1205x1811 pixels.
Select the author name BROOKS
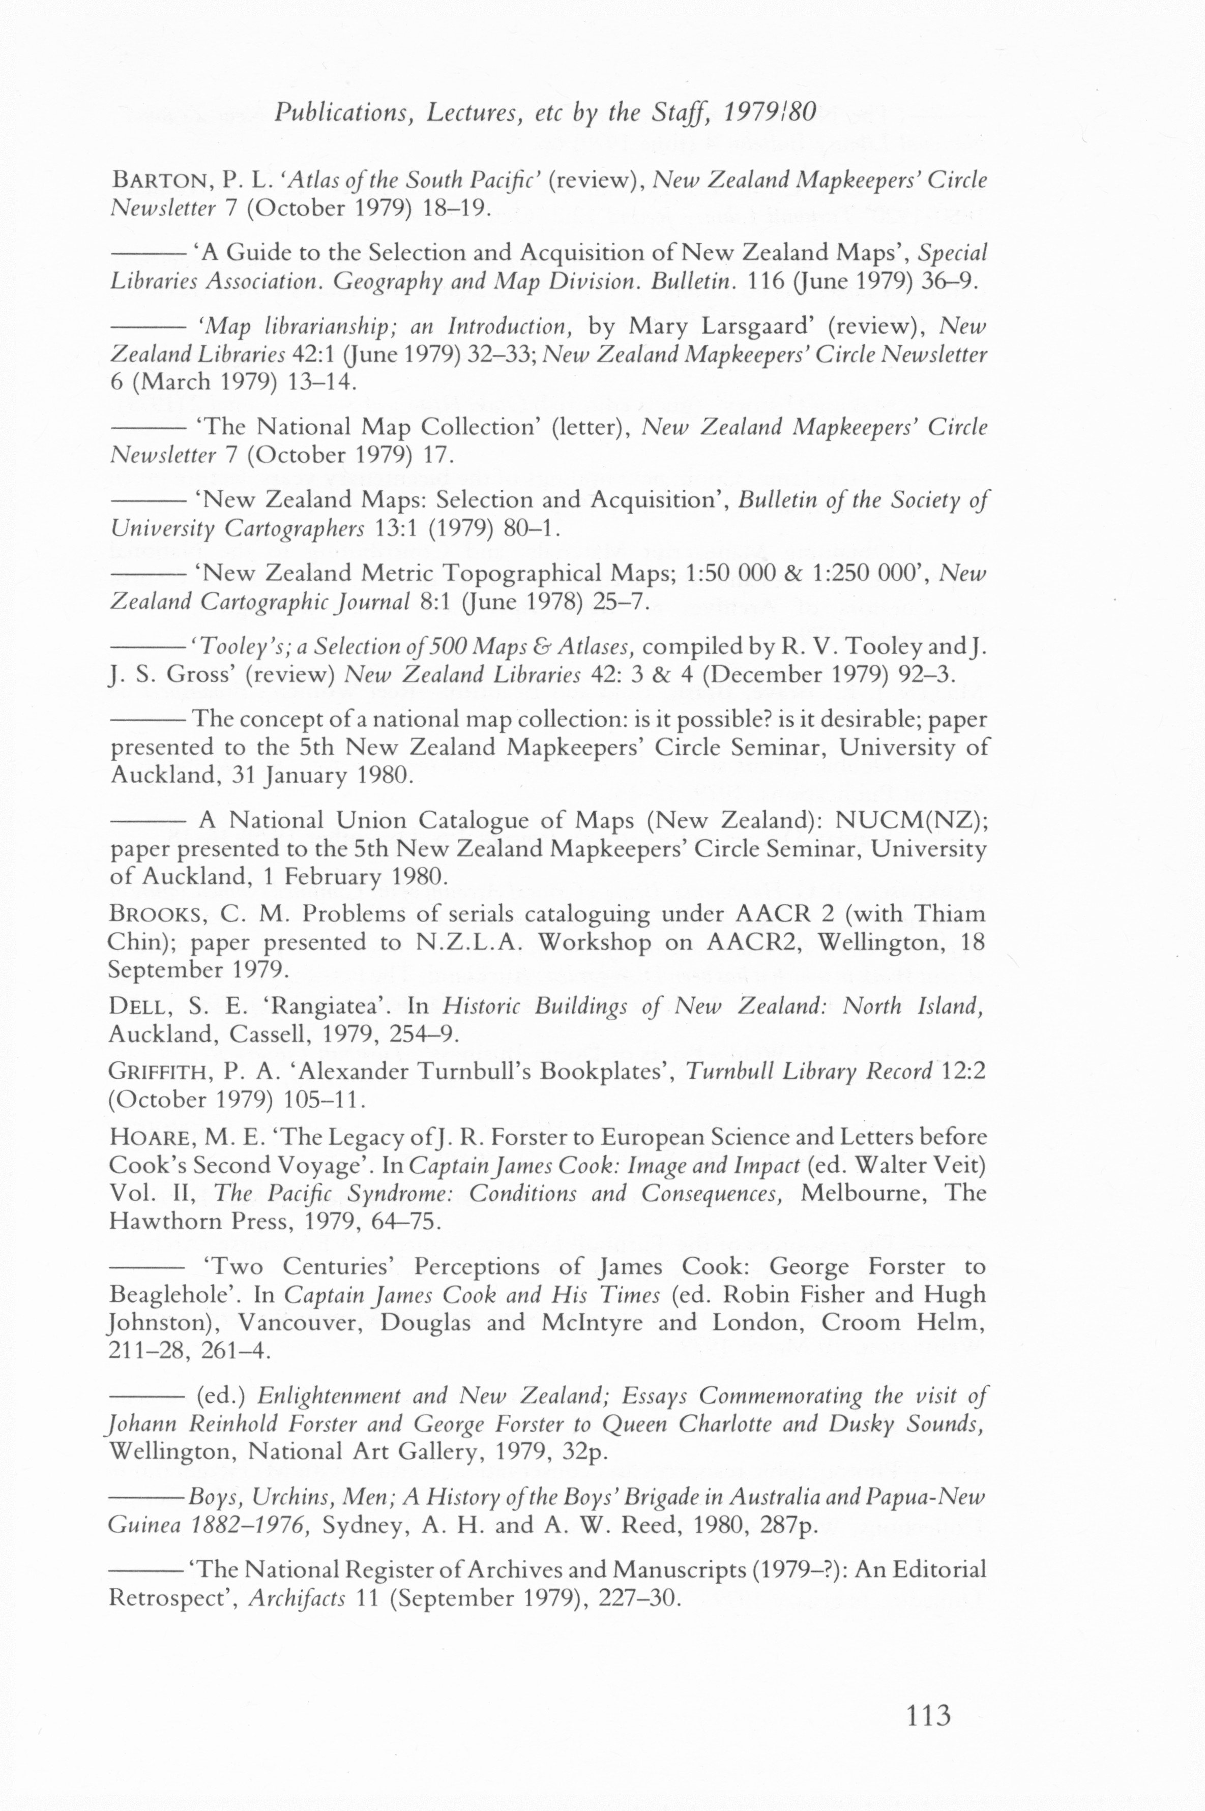pos(156,915)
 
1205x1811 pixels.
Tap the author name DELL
pos(135,1006)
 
